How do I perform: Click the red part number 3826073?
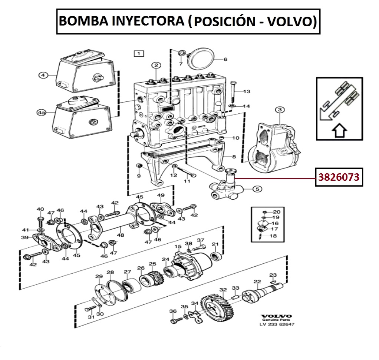pos(339,178)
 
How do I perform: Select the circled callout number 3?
pos(279,110)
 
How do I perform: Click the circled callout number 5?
pos(257,189)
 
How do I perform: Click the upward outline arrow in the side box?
pos(339,131)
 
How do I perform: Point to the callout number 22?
pos(257,282)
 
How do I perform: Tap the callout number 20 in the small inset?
pos(276,212)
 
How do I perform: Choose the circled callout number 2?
pos(156,66)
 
